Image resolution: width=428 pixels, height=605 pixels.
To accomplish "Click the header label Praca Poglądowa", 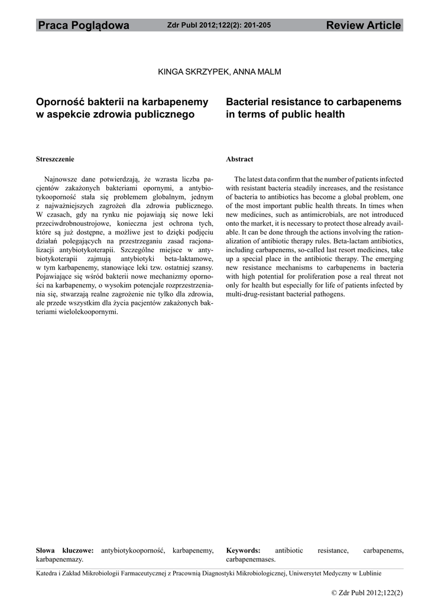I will click(x=83, y=25).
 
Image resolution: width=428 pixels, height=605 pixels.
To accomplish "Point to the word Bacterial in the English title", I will click(x=250, y=102).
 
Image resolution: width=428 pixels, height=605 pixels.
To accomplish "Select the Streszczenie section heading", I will click(x=55, y=160).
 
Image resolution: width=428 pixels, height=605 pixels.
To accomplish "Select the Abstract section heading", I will click(x=239, y=160).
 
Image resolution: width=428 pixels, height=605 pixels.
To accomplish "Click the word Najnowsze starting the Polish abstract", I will click(x=63, y=179).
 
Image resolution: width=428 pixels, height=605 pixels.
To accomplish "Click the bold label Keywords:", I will click(x=243, y=550).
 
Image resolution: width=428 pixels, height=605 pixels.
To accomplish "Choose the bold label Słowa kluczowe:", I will click(x=65, y=550).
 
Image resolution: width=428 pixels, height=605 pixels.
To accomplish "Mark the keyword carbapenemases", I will click(x=251, y=559).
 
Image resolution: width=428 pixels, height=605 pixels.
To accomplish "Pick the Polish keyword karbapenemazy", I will click(x=60, y=559).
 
